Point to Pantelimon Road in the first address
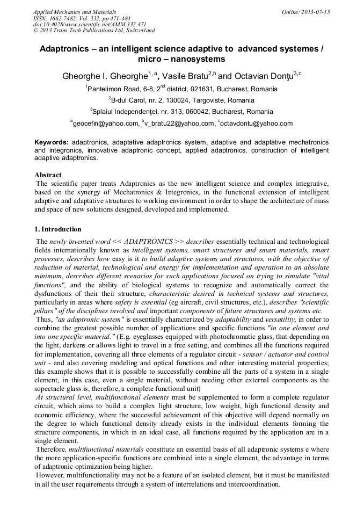[x=113, y=89]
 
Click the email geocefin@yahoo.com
[x=105, y=124]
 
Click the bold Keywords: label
[x=52, y=142]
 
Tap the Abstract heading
[x=48, y=175]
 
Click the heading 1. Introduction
[x=58, y=229]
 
